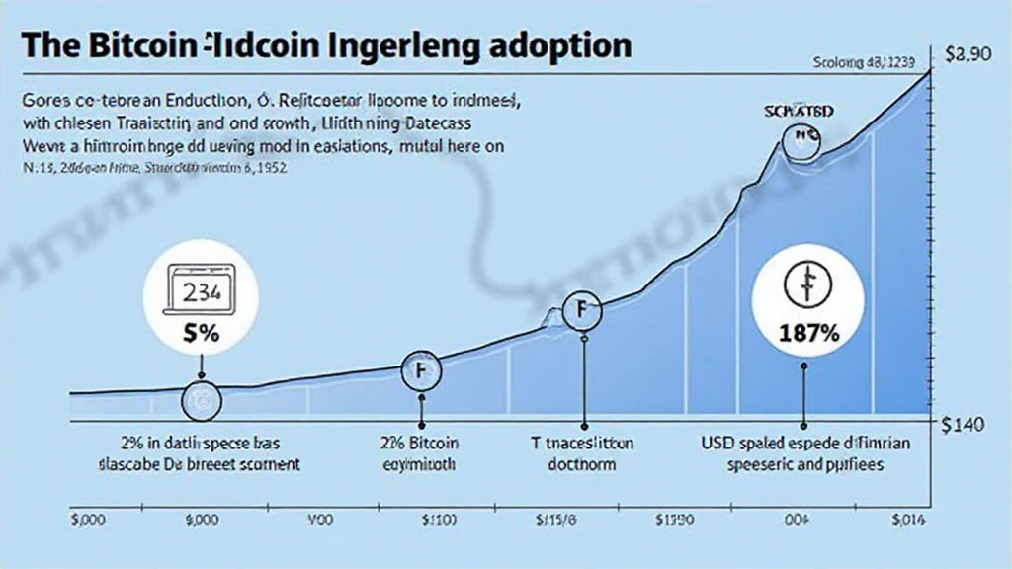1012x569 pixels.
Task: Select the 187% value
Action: click(x=806, y=333)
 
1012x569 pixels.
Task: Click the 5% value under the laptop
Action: click(x=201, y=334)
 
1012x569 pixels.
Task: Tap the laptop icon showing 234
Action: click(x=201, y=290)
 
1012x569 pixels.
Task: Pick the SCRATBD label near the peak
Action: click(x=800, y=112)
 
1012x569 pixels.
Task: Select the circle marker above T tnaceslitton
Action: click(x=581, y=311)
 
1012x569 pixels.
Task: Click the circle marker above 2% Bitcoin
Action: click(x=421, y=370)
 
